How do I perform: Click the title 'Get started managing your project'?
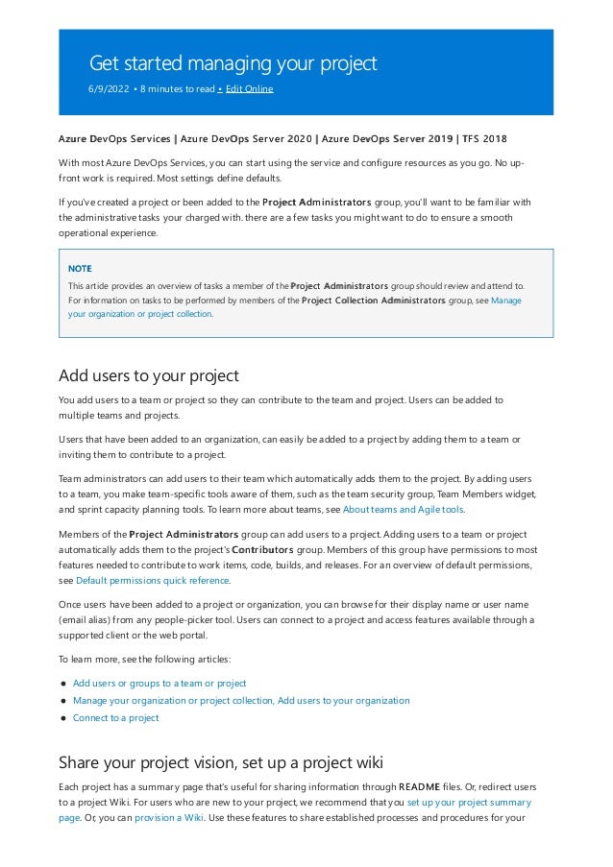[233, 64]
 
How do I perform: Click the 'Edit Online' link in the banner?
[249, 89]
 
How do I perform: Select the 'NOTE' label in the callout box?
[80, 269]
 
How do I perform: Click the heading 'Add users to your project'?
[148, 375]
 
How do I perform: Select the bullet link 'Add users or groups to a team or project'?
[159, 684]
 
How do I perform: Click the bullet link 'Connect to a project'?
[115, 717]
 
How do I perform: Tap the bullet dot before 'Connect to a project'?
[62, 718]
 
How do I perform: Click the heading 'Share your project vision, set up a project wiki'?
[221, 763]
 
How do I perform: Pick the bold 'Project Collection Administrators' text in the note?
[373, 301]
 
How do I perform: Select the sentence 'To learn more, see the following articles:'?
[145, 660]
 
